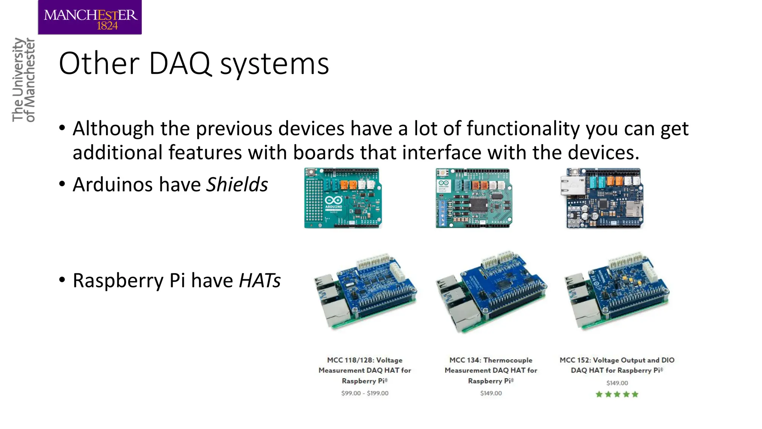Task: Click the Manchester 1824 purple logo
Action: click(90, 18)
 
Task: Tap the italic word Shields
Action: click(237, 185)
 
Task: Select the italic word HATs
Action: click(259, 280)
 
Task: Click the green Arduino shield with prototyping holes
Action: click(343, 198)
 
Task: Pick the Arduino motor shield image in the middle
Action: click(473, 198)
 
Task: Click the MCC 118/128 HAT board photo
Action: click(365, 292)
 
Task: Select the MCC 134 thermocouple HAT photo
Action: click(491, 292)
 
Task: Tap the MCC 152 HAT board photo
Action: click(617, 292)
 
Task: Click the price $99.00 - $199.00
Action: click(365, 393)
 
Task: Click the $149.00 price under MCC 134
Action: click(491, 393)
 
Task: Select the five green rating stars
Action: click(617, 394)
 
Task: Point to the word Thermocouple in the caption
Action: click(508, 360)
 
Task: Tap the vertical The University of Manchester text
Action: click(23, 80)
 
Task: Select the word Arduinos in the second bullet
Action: click(113, 185)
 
